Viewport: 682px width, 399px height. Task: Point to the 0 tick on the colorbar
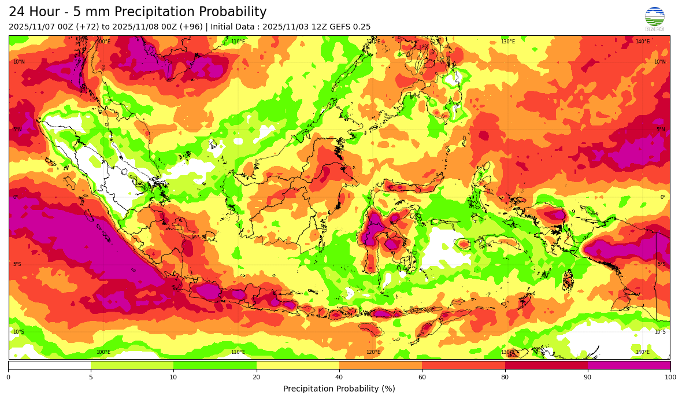8,377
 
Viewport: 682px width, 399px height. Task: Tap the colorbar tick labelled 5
91,377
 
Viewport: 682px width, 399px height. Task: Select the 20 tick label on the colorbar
256,377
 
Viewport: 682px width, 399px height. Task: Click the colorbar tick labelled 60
422,377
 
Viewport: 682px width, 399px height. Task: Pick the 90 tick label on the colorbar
588,377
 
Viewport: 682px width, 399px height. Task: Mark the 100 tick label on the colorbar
670,377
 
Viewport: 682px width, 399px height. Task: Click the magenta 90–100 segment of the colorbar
629,365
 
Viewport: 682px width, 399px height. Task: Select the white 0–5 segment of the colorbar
49,365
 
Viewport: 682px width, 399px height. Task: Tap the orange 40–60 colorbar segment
380,365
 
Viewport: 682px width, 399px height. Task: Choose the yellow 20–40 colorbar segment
298,365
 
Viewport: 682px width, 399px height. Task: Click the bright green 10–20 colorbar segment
215,365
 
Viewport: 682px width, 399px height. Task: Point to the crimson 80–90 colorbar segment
546,365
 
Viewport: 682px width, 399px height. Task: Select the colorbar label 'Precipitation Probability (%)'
339,389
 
